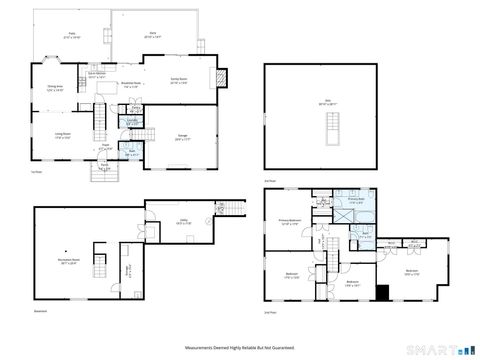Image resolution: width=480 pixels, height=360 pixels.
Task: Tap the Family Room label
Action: coord(180,83)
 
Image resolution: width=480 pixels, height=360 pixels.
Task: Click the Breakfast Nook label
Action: coord(131,84)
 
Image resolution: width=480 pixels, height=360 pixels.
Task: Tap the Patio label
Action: coord(73,36)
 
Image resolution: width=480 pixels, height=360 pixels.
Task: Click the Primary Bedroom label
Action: coord(291,223)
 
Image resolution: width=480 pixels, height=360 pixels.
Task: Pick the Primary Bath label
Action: coord(355,199)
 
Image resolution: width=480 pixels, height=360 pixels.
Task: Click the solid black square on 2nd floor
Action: coord(380,291)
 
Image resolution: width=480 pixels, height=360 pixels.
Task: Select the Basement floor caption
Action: coord(39,310)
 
